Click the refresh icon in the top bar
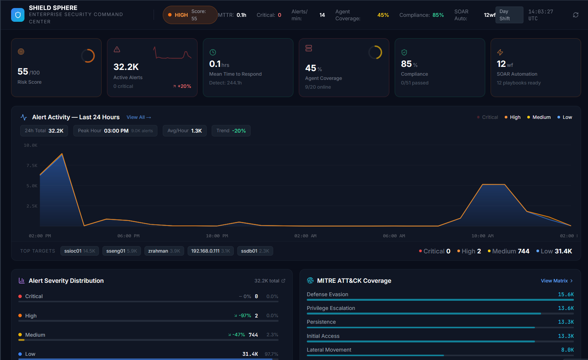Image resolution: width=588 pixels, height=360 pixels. pyautogui.click(x=575, y=15)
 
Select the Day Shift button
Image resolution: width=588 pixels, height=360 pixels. pyautogui.click(x=509, y=15)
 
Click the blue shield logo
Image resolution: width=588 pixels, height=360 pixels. pyautogui.click(x=18, y=15)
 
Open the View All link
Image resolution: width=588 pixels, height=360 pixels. pyautogui.click(x=139, y=117)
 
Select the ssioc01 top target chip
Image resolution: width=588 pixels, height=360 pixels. pyautogui.click(x=79, y=251)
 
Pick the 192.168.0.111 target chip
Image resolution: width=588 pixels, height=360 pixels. pyautogui.click(x=211, y=251)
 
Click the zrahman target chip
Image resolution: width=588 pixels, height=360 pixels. pyautogui.click(x=164, y=251)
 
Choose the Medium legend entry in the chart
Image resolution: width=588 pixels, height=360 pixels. pyautogui.click(x=539, y=117)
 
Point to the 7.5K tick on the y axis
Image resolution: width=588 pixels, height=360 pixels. pyautogui.click(x=32, y=165)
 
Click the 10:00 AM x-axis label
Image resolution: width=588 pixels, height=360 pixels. pyautogui.click(x=482, y=236)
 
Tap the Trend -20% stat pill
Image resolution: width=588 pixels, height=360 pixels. pyautogui.click(x=231, y=131)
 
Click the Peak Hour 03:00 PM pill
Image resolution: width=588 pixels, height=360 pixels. pyautogui.click(x=115, y=131)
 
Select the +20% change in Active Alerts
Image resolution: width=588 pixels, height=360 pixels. pyautogui.click(x=182, y=86)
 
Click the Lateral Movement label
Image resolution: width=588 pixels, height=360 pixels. pyautogui.click(x=329, y=350)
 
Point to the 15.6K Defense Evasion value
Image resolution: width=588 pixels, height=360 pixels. pyautogui.click(x=565, y=295)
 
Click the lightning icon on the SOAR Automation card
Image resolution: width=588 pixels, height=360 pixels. pyautogui.click(x=500, y=52)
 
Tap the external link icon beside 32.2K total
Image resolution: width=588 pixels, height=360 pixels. pyautogui.click(x=283, y=281)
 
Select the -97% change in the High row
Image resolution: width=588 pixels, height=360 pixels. pyautogui.click(x=243, y=316)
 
